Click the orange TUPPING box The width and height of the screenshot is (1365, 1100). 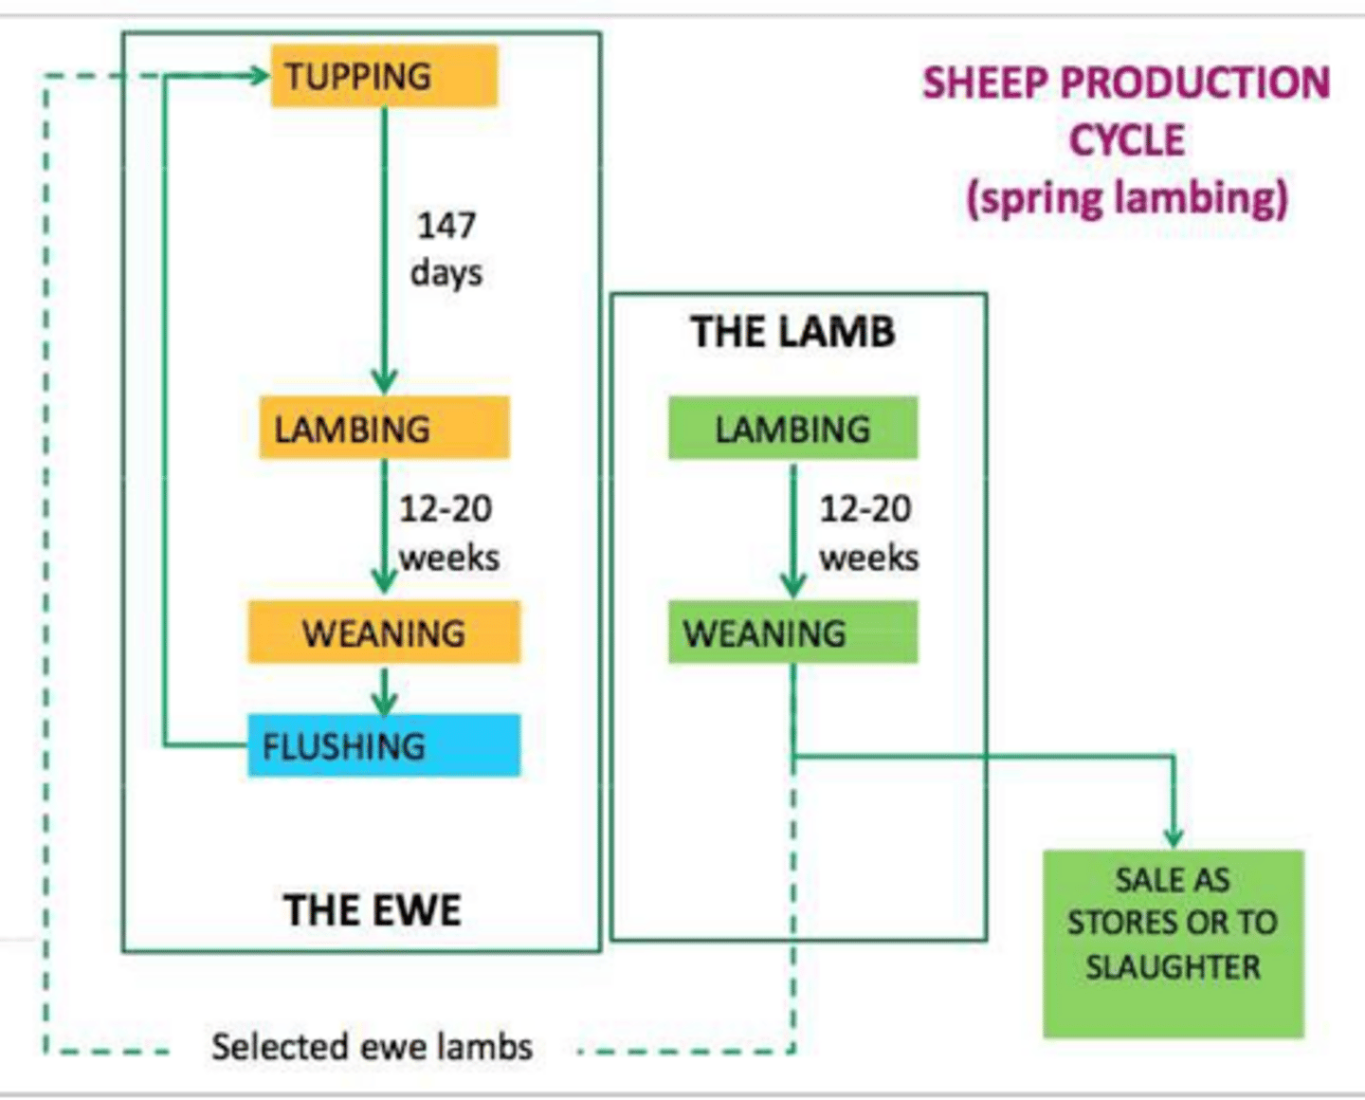(384, 76)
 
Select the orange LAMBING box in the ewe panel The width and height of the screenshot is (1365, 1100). (384, 429)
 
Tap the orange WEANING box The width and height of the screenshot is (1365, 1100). (384, 632)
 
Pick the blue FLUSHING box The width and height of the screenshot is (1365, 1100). (384, 745)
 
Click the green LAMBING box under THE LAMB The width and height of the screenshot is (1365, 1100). (792, 429)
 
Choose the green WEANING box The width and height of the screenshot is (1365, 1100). (792, 632)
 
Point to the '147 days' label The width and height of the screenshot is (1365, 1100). (446, 248)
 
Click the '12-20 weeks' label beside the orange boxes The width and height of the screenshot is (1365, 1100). (447, 533)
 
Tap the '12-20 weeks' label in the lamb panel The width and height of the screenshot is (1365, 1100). (867, 533)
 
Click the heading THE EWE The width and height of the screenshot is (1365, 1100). (373, 910)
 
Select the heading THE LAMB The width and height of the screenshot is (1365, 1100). (792, 332)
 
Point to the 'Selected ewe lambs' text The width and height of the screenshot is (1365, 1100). (372, 1047)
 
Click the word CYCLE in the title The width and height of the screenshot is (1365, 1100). (1127, 140)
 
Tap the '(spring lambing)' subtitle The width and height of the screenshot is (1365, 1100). (1127, 198)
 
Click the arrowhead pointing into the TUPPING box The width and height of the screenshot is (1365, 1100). (258, 76)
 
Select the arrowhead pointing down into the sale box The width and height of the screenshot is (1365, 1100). (1174, 836)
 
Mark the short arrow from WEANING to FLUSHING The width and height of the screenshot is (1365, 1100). (384, 690)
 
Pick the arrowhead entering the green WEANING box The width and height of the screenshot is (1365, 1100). (793, 586)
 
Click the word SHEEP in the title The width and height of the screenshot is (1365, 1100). (985, 82)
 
